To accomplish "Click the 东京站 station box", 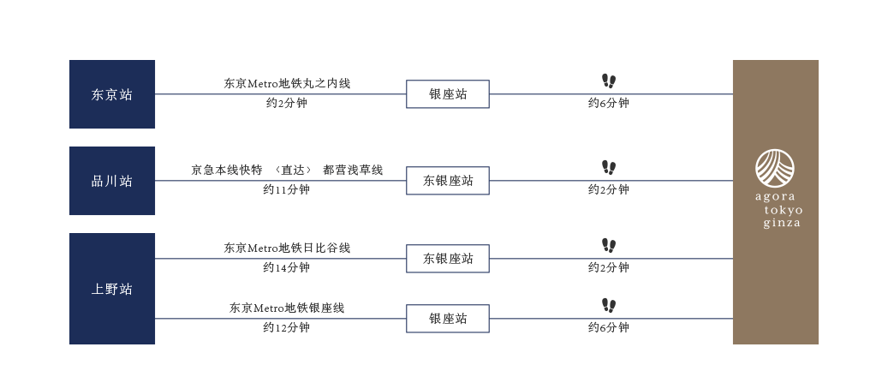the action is pos(112,94).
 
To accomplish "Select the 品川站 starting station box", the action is pos(112,181).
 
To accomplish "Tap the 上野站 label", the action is pos(112,289).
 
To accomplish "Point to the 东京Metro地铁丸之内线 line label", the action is pos(287,83).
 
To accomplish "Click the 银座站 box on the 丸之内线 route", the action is pos(447,94).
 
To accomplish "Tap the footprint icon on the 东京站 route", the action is pos(609,81).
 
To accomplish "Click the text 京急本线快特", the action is pos(227,170).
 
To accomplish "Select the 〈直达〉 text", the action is pos(293,170).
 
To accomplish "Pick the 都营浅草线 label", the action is pos(353,170).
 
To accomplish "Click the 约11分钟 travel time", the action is pos(287,189).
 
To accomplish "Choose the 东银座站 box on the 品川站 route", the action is pos(447,181).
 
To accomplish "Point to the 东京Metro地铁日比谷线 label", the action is pos(287,248).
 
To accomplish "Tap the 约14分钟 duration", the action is pos(287,267).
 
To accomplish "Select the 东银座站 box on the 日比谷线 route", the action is pos(447,259).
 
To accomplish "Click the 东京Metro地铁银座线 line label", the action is pos(287,308).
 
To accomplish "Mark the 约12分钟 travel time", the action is pos(287,327).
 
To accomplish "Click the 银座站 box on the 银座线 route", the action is pos(447,319).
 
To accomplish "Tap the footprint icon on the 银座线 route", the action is pos(609,306).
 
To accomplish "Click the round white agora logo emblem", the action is pos(775,168).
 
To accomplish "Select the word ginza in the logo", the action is pos(782,223).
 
